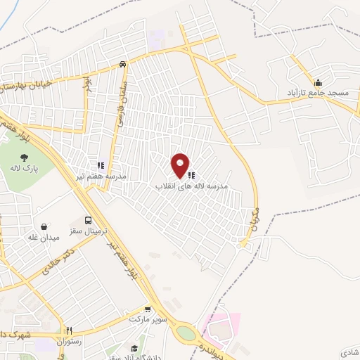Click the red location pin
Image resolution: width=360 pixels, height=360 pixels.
[181, 165]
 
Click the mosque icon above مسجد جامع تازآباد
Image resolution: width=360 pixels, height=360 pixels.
[318, 81]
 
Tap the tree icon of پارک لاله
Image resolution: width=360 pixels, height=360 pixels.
[25, 157]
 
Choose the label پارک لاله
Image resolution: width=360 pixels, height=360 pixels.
[25, 168]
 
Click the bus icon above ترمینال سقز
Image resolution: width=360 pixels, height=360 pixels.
[88, 219]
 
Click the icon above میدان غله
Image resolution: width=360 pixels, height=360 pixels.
[46, 226]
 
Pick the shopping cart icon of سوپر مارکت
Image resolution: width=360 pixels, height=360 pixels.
[147, 308]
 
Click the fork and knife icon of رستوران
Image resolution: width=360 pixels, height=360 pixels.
[69, 330]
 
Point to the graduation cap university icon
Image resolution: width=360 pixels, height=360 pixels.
[134, 348]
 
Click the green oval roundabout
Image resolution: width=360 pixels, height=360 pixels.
[187, 331]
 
